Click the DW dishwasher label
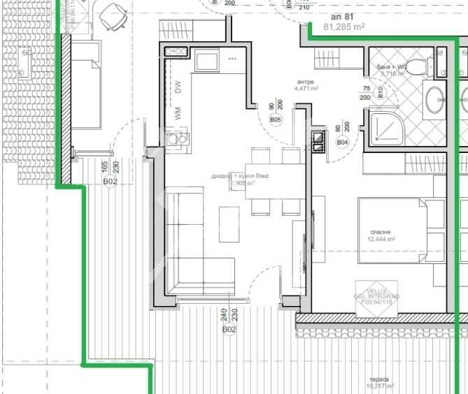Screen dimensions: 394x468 [178, 87]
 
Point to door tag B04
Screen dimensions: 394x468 [342, 143]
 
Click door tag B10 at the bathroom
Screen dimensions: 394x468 [381, 92]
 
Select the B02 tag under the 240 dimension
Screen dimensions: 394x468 [229, 329]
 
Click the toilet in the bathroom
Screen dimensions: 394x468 [420, 67]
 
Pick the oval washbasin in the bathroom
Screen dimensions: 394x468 [434, 99]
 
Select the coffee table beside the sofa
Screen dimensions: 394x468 [229, 224]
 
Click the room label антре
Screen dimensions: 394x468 [306, 82]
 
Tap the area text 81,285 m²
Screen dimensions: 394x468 [345, 28]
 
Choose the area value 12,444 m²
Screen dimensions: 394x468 [381, 239]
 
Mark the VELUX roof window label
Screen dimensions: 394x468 [378, 291]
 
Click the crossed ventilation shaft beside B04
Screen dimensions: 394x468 [318, 142]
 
